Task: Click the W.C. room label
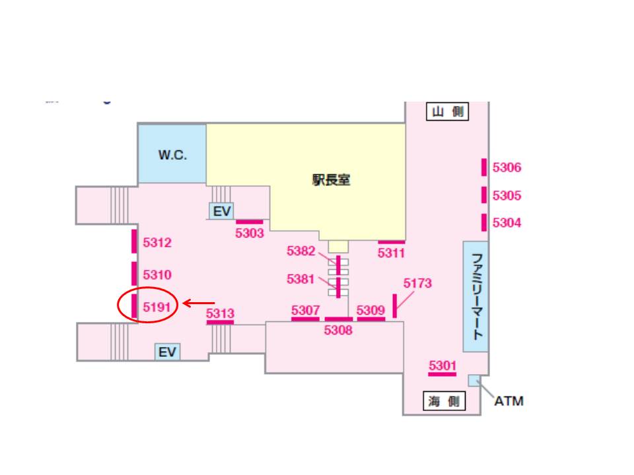[x=172, y=156]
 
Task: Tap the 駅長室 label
[x=331, y=179]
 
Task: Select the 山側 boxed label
[x=446, y=112]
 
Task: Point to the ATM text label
[x=509, y=401]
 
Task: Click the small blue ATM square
[x=473, y=381]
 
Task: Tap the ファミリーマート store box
[x=475, y=296]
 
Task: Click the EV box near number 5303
[x=221, y=210]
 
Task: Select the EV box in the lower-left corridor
[x=167, y=352]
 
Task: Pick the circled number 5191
[x=157, y=307]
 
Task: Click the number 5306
[x=507, y=168]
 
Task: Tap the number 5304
[x=507, y=223]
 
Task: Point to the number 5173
[x=417, y=283]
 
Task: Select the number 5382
[x=300, y=251]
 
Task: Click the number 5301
[x=442, y=365]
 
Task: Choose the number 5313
[x=220, y=313]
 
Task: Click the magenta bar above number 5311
[x=391, y=242]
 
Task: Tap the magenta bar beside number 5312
[x=134, y=241]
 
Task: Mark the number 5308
[x=338, y=331]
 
